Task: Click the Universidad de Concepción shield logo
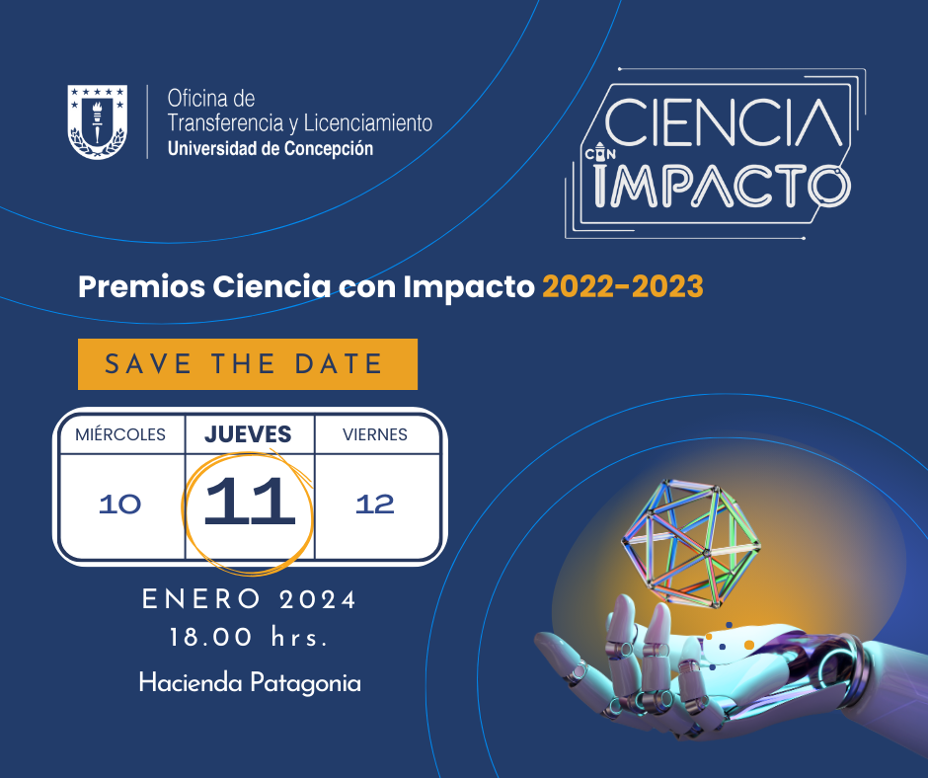[x=97, y=121]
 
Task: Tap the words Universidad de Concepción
[x=271, y=149]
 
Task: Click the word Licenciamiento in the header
[x=367, y=123]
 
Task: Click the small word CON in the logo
[x=600, y=154]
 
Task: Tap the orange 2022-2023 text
[x=623, y=286]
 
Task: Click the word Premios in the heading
[x=141, y=286]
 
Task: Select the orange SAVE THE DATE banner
[x=248, y=364]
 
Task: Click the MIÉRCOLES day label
[x=120, y=434]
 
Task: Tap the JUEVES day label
[x=248, y=434]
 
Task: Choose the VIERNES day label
[x=375, y=434]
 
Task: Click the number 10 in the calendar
[x=120, y=505]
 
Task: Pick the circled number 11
[x=249, y=502]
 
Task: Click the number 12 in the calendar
[x=374, y=505]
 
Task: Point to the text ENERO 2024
[x=249, y=599]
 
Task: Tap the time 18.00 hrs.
[x=249, y=638]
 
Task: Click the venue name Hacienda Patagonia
[x=250, y=683]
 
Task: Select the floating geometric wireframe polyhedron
[x=691, y=544]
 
